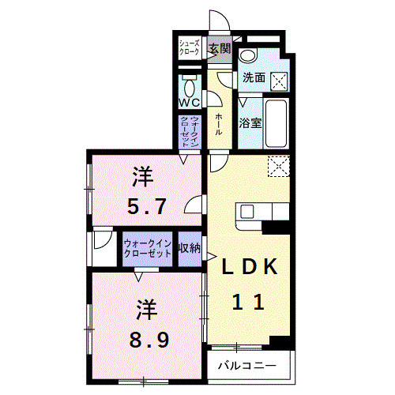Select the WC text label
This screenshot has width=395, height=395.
coord(189,103)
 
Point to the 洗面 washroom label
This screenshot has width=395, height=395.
coord(254,78)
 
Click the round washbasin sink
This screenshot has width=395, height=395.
coord(248,55)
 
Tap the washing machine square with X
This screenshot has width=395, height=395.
coord(279,80)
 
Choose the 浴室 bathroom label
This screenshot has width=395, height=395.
coord(250,123)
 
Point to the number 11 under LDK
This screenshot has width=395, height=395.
coord(247,301)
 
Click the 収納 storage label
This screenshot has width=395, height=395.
coord(190,248)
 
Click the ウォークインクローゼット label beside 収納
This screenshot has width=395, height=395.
coord(149,248)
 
